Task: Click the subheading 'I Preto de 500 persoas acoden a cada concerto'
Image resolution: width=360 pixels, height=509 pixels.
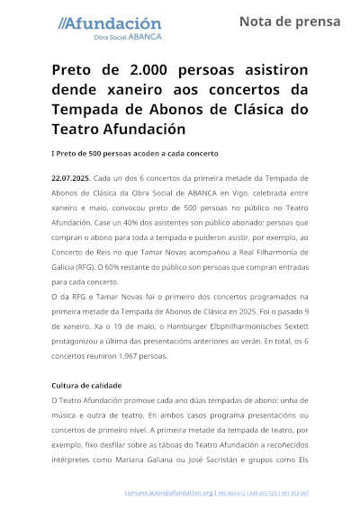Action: (x=135, y=154)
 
